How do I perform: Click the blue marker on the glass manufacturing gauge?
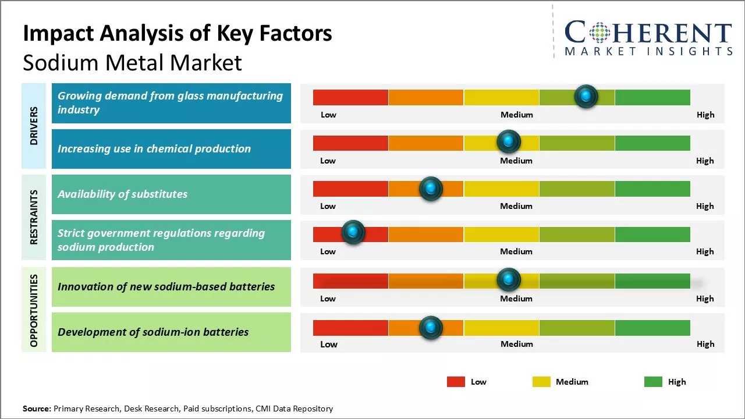(x=586, y=96)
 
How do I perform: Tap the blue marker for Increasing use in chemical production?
(x=508, y=141)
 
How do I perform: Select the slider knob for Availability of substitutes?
(x=431, y=189)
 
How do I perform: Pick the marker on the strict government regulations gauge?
(x=353, y=232)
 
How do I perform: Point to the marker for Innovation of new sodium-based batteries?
(x=508, y=280)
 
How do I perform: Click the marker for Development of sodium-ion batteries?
(x=431, y=328)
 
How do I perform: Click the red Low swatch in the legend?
(x=456, y=382)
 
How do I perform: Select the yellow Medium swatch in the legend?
(x=541, y=382)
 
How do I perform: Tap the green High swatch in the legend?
(x=653, y=382)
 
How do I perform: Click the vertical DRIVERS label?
(x=34, y=125)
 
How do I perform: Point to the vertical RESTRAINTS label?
(x=34, y=217)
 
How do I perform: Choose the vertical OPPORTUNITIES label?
(x=34, y=310)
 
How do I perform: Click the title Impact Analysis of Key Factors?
(x=178, y=34)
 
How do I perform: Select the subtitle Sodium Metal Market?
(x=132, y=62)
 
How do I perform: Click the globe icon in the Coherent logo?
(x=599, y=33)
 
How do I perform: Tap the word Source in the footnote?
(x=37, y=409)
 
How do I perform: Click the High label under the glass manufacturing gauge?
(x=705, y=115)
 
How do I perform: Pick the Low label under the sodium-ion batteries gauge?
(x=328, y=344)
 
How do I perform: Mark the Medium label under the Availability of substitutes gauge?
(x=516, y=206)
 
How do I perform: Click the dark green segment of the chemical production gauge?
(x=652, y=143)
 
